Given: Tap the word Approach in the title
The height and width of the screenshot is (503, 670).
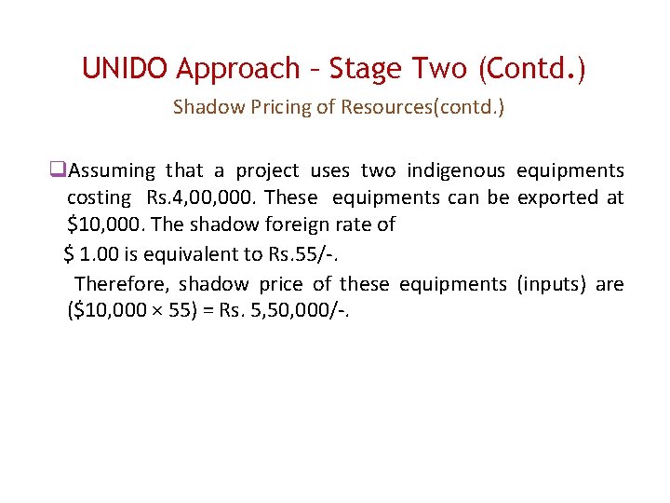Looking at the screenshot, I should coord(238,69).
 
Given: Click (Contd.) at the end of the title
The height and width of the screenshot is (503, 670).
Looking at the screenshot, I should coord(529,69).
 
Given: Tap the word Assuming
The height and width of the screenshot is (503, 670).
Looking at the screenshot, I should coord(113,170).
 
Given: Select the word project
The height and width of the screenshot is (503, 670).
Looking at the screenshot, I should coord(267,170).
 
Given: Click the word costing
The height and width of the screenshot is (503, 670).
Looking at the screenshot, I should coord(99,197).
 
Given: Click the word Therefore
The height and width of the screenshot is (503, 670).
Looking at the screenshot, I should coord(121,284).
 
